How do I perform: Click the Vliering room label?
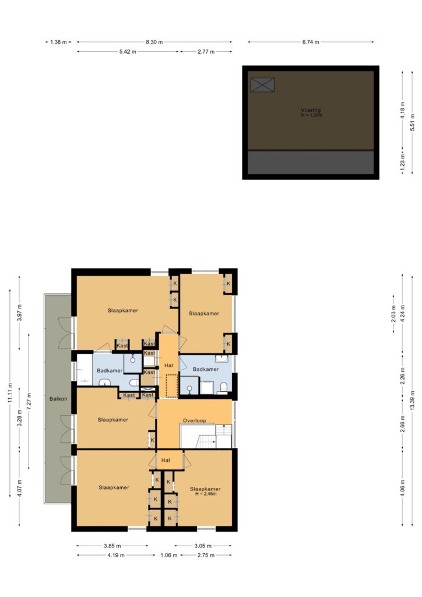click(x=311, y=110)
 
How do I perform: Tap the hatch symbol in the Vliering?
click(x=262, y=85)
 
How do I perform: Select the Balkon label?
click(x=58, y=399)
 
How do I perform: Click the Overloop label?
click(x=195, y=420)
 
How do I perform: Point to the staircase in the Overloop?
click(x=206, y=436)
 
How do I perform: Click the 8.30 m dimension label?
click(x=154, y=42)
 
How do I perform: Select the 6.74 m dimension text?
click(x=311, y=42)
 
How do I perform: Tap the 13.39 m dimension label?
click(x=413, y=401)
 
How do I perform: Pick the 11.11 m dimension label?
click(x=10, y=392)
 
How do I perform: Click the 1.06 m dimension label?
click(x=168, y=555)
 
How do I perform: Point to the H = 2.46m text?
click(x=206, y=494)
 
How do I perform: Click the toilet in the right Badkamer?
click(x=223, y=388)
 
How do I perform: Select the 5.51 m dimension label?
click(x=413, y=122)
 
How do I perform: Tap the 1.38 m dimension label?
click(x=58, y=42)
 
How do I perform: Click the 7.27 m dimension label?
click(x=29, y=401)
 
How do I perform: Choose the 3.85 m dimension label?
click(x=112, y=546)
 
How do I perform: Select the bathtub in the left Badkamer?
click(x=85, y=370)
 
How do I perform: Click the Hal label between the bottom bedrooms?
click(x=166, y=460)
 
